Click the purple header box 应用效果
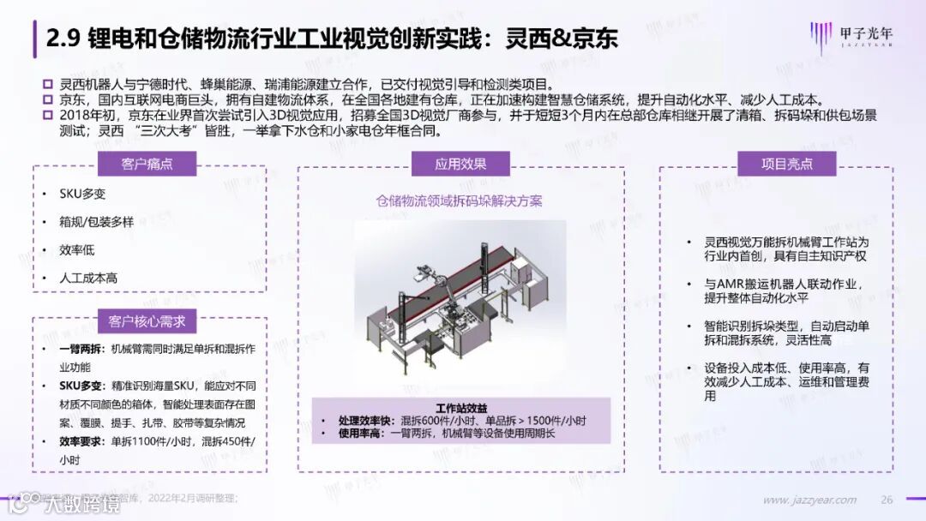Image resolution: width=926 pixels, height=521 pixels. (460, 165)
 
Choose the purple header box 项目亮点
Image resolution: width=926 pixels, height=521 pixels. (786, 165)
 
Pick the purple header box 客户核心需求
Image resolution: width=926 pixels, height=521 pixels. (147, 321)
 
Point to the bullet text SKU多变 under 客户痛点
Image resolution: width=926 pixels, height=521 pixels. (82, 195)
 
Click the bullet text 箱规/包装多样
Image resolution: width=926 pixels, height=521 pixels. (96, 222)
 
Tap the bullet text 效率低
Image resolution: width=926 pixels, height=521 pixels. (76, 250)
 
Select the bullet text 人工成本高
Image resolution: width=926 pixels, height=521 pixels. (88, 278)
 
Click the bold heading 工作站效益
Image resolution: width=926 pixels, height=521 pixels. (460, 408)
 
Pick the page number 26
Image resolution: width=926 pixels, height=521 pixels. (887, 500)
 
